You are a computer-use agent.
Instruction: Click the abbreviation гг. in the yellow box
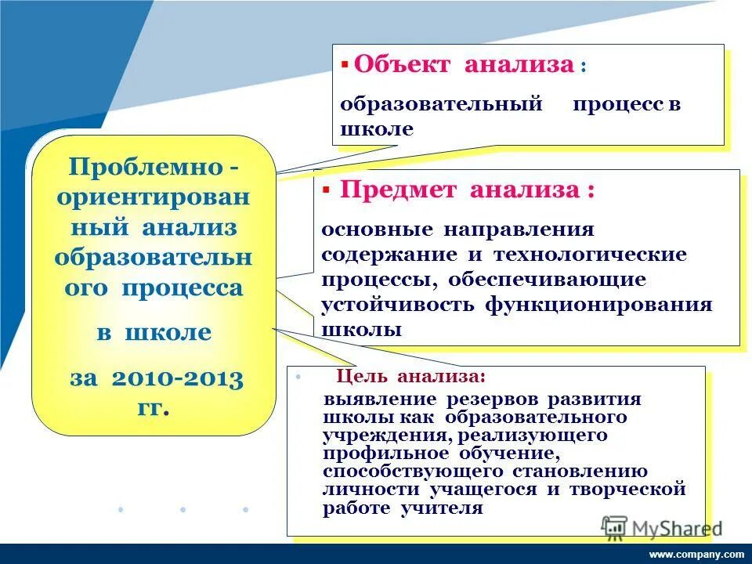pyautogui.click(x=154, y=408)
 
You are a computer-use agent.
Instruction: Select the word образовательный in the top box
pyautogui.click(x=442, y=105)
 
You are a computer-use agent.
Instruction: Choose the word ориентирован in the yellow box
pyautogui.click(x=154, y=197)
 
